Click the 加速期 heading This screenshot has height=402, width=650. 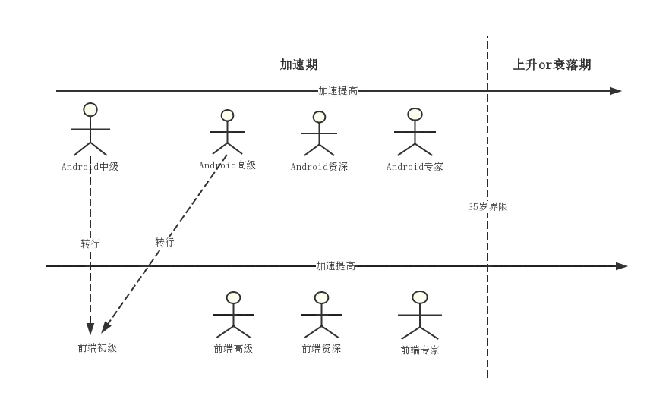click(298, 66)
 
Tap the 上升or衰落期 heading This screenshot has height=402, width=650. click(553, 66)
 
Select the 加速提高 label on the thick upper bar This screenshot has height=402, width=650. click(337, 91)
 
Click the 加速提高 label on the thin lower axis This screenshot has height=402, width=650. click(336, 266)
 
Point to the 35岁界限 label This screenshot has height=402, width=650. click(488, 206)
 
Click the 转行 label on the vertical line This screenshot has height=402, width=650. click(90, 244)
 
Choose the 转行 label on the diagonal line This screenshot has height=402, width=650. click(164, 243)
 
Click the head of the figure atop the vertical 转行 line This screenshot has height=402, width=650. click(90, 110)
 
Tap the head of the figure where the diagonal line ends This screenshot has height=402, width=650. click(227, 116)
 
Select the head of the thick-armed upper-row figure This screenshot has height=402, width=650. click(319, 117)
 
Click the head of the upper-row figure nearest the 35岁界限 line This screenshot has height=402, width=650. click(415, 115)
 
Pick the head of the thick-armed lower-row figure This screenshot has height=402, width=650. click(419, 297)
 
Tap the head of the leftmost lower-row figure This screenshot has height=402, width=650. click(233, 298)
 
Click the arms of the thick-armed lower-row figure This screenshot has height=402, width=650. click(419, 315)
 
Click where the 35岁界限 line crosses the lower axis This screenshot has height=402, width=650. click(488, 265)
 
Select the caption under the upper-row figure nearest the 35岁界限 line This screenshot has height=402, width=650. click(415, 165)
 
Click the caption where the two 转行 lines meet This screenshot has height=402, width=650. click(99, 347)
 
